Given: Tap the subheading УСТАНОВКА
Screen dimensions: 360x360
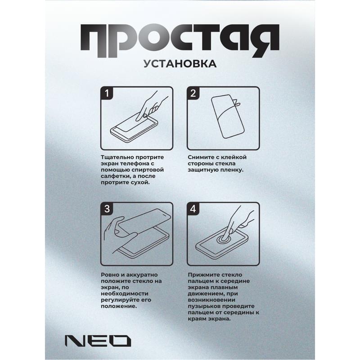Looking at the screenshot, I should click(x=180, y=63).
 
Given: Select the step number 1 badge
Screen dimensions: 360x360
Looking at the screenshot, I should click(x=107, y=94).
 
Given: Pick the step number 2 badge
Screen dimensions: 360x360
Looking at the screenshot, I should click(x=193, y=94).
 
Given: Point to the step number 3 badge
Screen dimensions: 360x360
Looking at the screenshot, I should click(x=107, y=209).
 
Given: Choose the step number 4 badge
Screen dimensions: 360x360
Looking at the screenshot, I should click(x=193, y=209).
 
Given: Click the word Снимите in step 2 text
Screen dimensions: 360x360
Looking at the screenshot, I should click(x=201, y=157).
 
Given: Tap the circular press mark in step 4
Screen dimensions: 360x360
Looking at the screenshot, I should click(x=223, y=240).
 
